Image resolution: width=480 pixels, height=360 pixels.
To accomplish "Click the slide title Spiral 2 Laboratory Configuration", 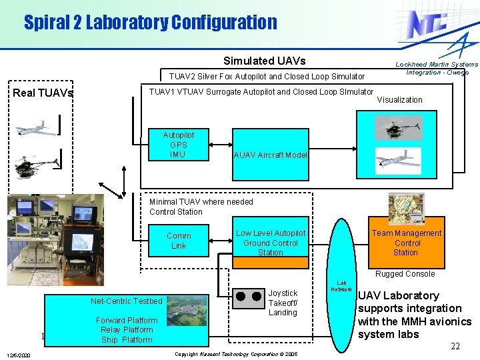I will coord(150,22).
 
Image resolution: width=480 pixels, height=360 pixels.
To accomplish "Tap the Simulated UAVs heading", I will coord(264,61).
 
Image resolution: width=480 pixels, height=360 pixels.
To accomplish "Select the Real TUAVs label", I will coord(43,93).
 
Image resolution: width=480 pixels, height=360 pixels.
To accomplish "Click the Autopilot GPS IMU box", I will coord(178,145).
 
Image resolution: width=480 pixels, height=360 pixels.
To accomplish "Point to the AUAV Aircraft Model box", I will coord(270,155).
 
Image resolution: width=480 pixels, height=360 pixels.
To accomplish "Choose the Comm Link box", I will coord(178,241).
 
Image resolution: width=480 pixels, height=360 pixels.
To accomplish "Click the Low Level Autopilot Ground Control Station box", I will coord(270,242).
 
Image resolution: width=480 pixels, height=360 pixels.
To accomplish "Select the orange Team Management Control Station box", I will coord(406,242).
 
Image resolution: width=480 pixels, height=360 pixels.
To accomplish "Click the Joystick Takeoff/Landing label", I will coord(283,303).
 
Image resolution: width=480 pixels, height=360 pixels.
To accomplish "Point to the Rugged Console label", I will coord(405,273).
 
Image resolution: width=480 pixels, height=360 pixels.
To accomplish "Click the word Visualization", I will coord(400,99).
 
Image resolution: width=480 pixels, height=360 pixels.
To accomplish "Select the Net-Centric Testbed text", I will coord(127,301).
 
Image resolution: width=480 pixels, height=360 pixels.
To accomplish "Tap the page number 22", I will coord(455,346).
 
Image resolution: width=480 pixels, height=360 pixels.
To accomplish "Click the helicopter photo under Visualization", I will coord(398,128).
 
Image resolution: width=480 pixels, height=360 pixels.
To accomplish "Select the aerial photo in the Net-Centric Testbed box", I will coord(187,311).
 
